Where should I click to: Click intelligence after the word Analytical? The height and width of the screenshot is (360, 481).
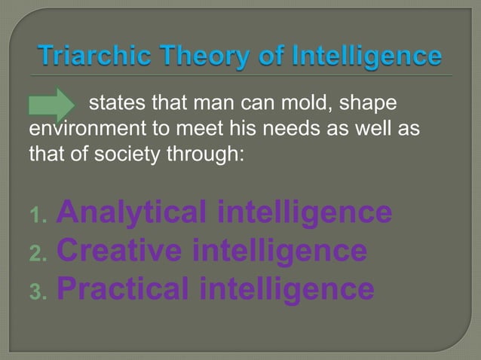pyautogui.click(x=304, y=213)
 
